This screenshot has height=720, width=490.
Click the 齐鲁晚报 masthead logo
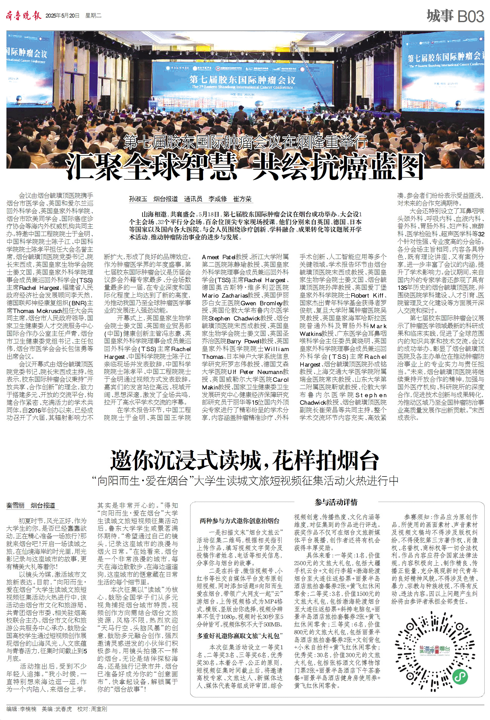pyautogui.click(x=23, y=15)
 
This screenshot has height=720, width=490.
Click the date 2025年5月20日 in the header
pyautogui.click(x=62, y=16)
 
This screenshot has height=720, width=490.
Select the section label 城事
pyautogui.click(x=440, y=16)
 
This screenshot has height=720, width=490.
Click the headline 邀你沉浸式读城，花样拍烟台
pyautogui.click(x=244, y=461)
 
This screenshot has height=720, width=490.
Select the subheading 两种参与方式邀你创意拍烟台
pyautogui.click(x=239, y=521)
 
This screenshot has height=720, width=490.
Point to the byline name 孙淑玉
pyautogui.click(x=138, y=199)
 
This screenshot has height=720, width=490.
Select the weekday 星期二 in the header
pyautogui.click(x=93, y=16)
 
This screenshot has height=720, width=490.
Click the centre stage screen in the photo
pyautogui.click(x=242, y=81)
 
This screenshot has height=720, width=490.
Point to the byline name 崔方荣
pyautogui.click(x=242, y=199)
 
